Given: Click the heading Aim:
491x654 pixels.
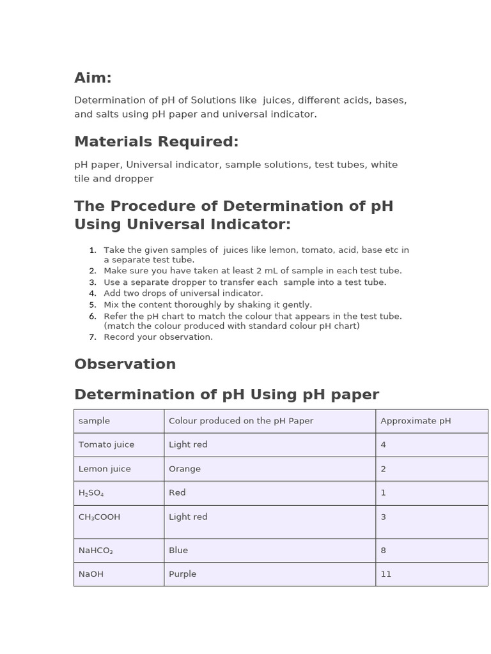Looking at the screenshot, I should click(93, 78).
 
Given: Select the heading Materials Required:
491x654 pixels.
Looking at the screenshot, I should click(156, 141).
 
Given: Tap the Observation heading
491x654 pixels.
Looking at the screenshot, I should click(125, 364).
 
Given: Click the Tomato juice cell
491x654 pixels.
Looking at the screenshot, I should click(106, 445).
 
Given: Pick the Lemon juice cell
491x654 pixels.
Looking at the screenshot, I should click(104, 469).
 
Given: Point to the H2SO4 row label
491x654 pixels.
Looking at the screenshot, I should click(91, 493).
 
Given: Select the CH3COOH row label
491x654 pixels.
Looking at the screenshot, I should click(99, 517).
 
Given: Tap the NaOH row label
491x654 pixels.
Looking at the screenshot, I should click(91, 574).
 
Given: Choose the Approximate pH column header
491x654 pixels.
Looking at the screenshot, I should click(416, 421).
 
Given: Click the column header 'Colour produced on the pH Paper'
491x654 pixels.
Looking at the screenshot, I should click(241, 421).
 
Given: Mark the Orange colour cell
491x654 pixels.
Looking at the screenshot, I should click(185, 469).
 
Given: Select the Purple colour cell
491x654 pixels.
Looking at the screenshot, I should click(182, 574).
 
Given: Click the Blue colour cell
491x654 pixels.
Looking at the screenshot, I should click(178, 550).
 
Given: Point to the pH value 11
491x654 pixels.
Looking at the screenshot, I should click(386, 574).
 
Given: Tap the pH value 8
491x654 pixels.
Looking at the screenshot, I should click(383, 550).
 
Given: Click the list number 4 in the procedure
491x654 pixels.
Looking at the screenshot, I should click(93, 293).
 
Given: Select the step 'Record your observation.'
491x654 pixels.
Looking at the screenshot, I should click(158, 337).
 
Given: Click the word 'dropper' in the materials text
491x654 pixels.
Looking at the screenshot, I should click(134, 179).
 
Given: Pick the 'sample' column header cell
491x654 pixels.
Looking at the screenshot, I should click(94, 421).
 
